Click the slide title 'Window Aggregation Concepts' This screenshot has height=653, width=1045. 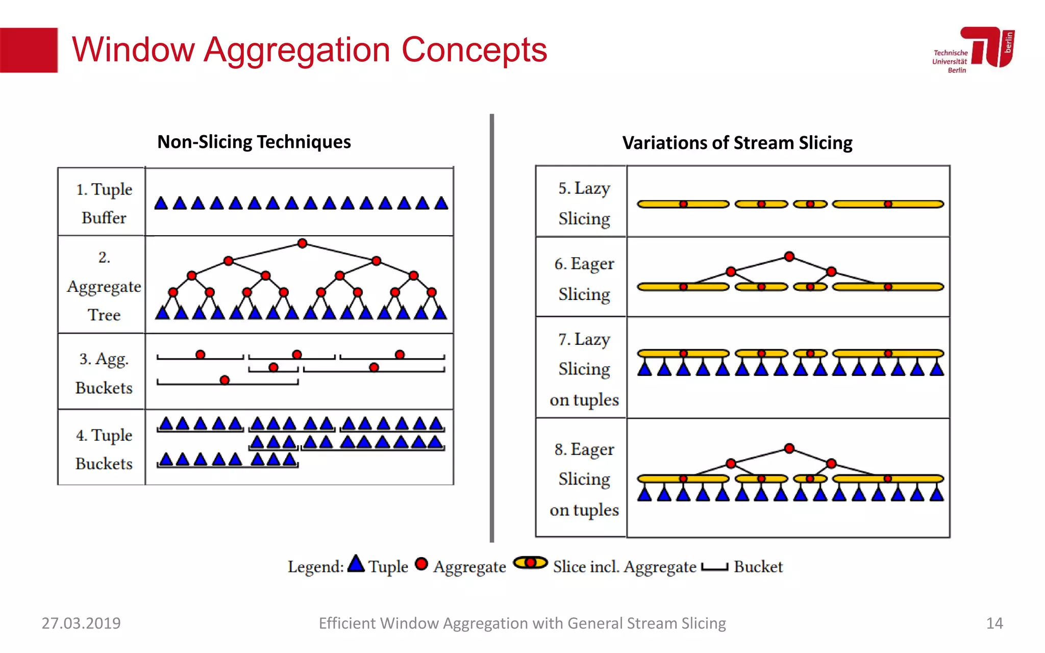[309, 50]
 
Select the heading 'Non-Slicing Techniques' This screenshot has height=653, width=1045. [254, 142]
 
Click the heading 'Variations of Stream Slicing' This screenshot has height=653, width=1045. [737, 143]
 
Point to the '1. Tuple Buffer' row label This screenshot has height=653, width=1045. [104, 203]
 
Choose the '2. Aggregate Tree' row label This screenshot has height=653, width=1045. [104, 286]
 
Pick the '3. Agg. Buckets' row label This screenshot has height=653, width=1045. [104, 373]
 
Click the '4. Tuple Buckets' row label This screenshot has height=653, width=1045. [104, 449]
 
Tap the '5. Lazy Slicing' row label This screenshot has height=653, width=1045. [584, 203]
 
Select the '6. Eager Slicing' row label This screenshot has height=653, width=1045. [584, 279]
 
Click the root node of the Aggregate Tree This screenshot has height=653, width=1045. [302, 243]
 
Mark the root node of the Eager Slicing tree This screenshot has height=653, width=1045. [789, 257]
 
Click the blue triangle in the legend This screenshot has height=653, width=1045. [356, 564]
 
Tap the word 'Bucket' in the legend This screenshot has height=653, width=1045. [758, 567]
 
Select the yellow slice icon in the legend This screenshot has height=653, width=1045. [530, 563]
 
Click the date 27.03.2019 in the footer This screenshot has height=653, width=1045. [81, 623]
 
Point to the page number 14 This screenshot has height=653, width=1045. [994, 623]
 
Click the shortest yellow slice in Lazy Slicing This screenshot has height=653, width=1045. [810, 204]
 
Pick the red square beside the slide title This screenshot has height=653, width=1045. [29, 50]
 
